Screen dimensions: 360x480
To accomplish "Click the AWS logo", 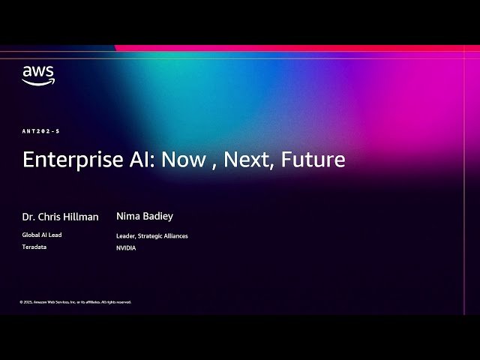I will (x=38, y=75).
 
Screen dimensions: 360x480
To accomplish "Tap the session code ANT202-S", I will (x=40, y=131).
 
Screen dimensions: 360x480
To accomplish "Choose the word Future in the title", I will (x=313, y=160).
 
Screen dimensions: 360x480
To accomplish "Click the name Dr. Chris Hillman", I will (x=60, y=217).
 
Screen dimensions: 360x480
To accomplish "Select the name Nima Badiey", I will (x=145, y=216).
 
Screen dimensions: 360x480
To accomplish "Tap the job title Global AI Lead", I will (x=42, y=235).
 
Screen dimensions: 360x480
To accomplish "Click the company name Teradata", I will (x=34, y=247).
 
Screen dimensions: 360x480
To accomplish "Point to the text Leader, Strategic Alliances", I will (x=152, y=235).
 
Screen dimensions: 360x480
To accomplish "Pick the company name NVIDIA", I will (x=126, y=247).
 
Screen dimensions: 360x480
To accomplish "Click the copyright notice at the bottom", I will (x=76, y=301).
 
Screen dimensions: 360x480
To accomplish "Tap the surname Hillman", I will (x=80, y=217).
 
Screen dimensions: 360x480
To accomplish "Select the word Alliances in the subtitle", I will (x=174, y=235).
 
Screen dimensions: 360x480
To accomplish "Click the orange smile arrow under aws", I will (x=38, y=82).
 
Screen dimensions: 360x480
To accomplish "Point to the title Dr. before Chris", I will (x=29, y=217).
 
